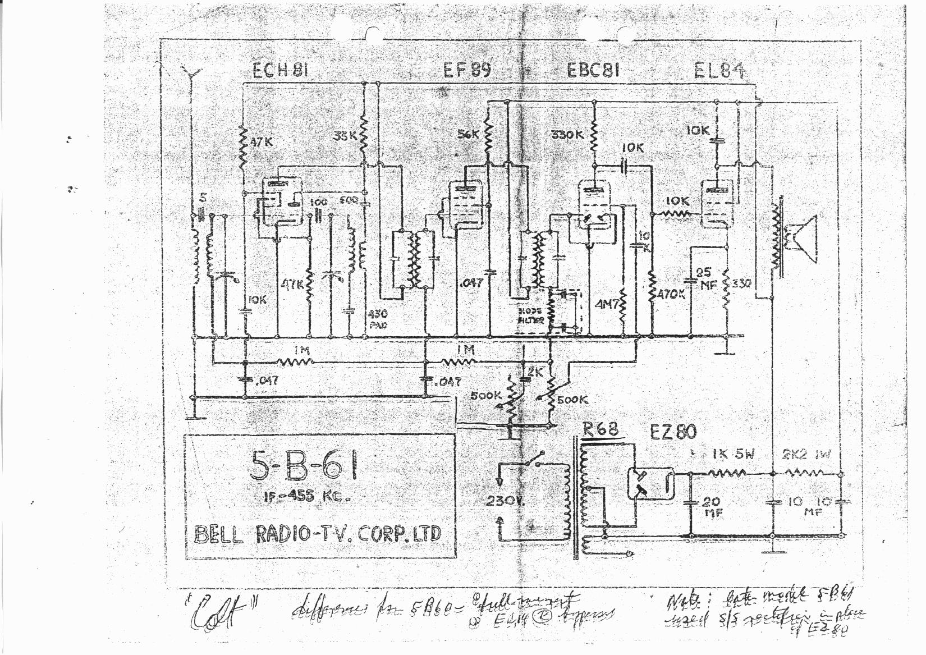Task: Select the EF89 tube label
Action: coord(467,71)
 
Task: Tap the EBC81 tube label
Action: coord(593,71)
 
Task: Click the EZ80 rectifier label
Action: coord(673,432)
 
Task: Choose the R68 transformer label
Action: coord(600,429)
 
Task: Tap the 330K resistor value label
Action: coord(567,135)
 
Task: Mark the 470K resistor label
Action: coord(670,294)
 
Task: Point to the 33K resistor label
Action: coord(344,136)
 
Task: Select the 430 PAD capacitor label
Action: coord(377,319)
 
